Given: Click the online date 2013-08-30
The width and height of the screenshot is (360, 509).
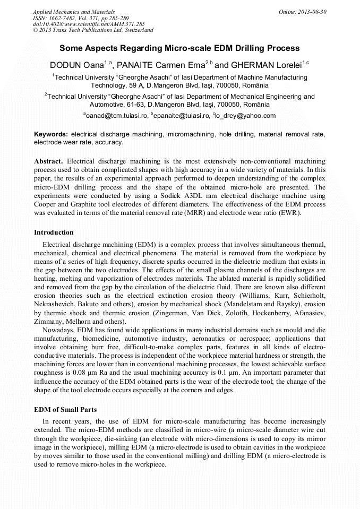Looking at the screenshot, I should pos(314,11).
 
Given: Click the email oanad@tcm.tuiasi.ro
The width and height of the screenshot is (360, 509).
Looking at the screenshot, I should pos(117,115).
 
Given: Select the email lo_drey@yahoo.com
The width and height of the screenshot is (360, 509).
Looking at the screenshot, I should pos(246,115).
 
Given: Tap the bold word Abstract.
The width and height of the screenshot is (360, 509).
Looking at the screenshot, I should pos(48,160).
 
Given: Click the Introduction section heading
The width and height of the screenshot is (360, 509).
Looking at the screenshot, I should pos(54,232).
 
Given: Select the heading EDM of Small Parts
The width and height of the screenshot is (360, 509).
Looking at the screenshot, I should pos(65,409).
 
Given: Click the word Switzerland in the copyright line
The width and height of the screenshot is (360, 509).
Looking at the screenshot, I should pos(137,30).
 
